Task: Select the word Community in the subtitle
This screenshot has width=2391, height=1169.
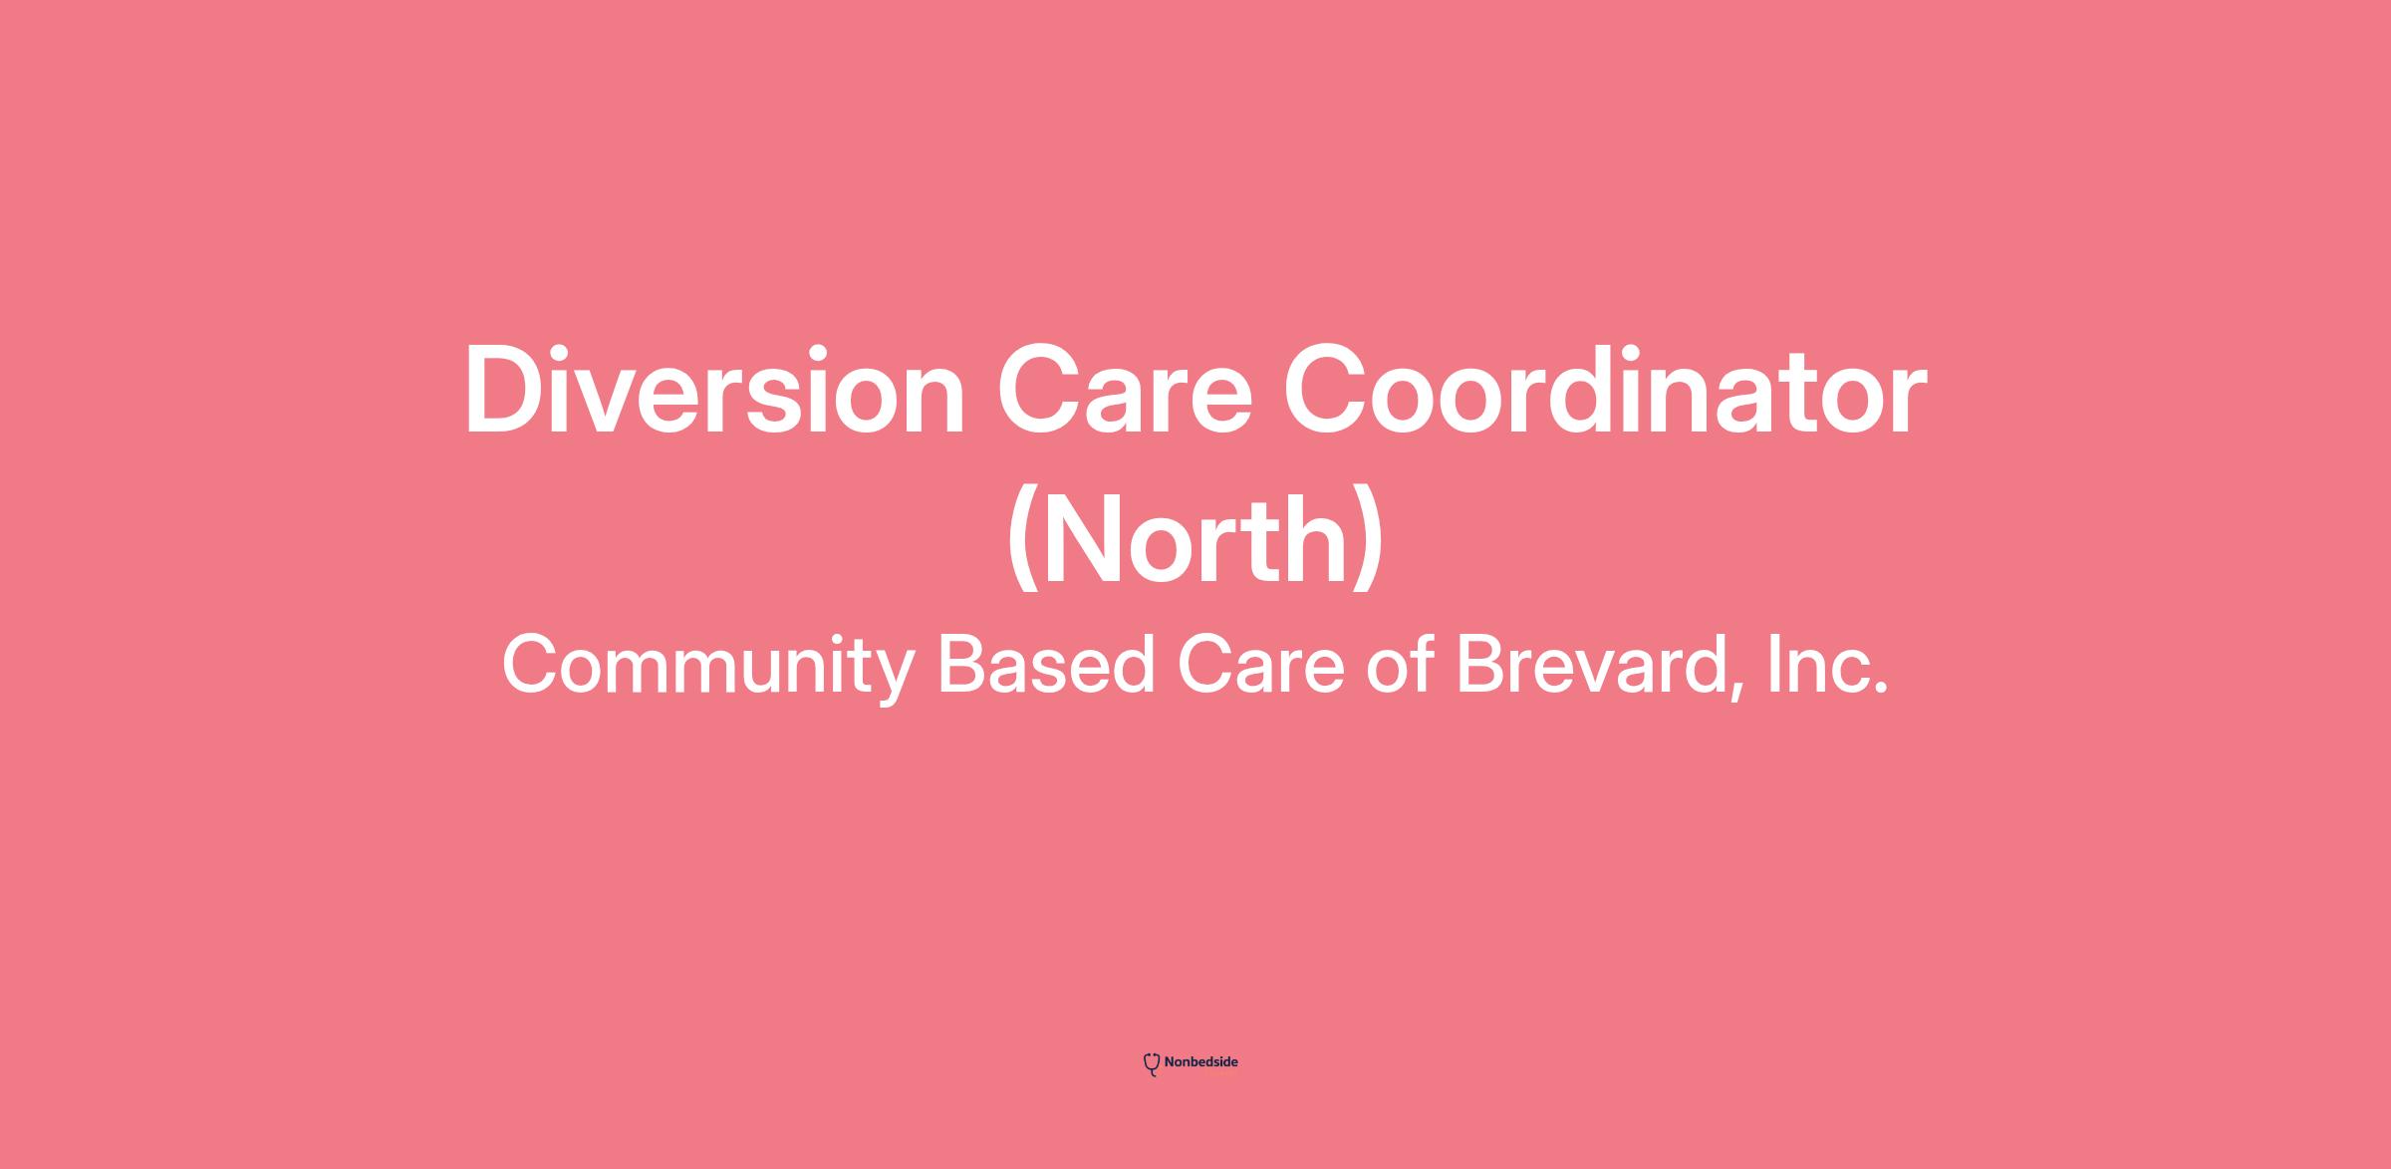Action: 707,667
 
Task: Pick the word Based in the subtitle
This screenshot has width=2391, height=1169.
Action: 1046,665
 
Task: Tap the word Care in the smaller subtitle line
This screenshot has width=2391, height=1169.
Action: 1261,665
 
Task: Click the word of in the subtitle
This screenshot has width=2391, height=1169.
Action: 1401,665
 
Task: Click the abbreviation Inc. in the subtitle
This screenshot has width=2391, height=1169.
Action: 1827,665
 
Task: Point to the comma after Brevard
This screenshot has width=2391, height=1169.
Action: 1739,693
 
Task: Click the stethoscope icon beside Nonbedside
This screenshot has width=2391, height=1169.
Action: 1152,1064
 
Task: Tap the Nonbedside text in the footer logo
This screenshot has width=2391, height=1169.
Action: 1201,1062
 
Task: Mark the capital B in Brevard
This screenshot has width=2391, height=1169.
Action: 1481,665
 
